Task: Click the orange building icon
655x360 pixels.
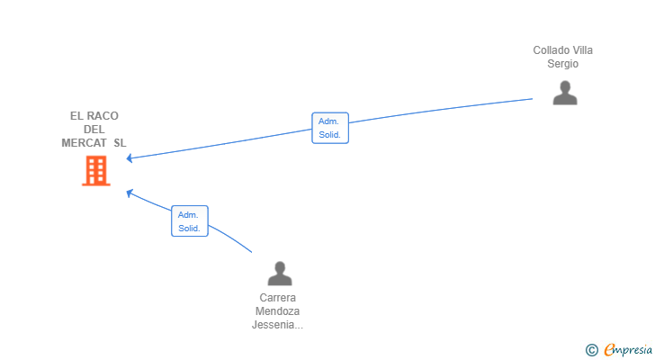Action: click(x=95, y=171)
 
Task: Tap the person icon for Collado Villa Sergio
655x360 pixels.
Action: click(x=564, y=93)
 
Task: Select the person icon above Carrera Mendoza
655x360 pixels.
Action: click(x=280, y=274)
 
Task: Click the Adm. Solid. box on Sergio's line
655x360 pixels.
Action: click(x=330, y=128)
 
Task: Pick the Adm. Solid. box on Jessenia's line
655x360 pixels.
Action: click(x=189, y=221)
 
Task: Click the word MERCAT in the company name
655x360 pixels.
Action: click(x=84, y=143)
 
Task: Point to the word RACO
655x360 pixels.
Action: click(x=103, y=116)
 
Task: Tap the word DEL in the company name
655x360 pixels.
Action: click(x=94, y=130)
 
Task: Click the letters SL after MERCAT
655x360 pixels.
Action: click(x=120, y=143)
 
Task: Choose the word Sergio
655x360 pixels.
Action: click(x=563, y=64)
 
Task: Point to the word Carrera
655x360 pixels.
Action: click(x=278, y=298)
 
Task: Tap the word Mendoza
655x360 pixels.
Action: click(x=278, y=311)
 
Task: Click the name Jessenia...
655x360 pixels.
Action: click(x=274, y=325)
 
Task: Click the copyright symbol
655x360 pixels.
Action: click(x=591, y=349)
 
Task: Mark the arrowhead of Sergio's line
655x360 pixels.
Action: click(x=130, y=158)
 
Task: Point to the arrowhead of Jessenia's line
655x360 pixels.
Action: click(x=130, y=192)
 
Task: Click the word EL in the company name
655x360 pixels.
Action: click(x=76, y=116)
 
